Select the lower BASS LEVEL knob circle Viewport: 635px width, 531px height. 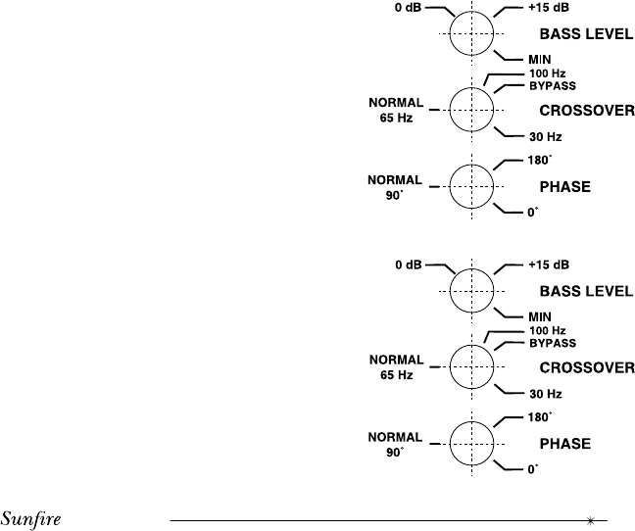pos(475,290)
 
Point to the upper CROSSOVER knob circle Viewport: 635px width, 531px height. pos(475,110)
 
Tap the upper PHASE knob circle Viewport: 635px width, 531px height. pos(475,185)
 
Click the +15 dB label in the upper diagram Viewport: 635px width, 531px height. pos(548,9)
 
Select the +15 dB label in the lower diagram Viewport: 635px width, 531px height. pos(548,265)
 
